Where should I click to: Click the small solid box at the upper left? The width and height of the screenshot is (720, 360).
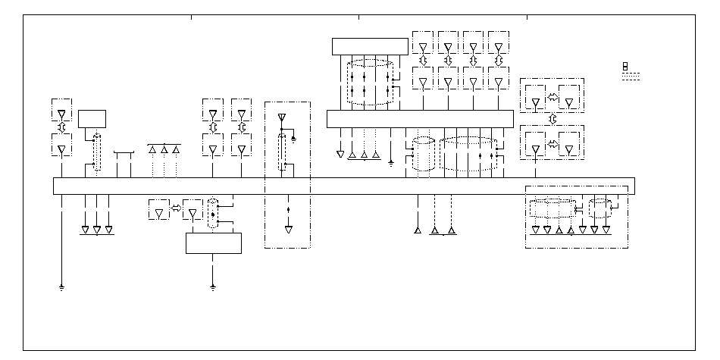[x=92, y=120]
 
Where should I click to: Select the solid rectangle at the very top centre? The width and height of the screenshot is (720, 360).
[x=370, y=46]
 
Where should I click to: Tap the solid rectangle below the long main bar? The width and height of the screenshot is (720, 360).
[x=214, y=243]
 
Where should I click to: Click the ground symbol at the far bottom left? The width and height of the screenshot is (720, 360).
[x=61, y=288]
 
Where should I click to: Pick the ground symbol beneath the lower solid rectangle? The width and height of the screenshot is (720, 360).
[x=213, y=288]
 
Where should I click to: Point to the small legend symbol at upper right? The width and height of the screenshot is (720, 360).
[x=625, y=67]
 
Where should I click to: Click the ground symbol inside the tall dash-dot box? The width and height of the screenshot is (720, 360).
[x=294, y=139]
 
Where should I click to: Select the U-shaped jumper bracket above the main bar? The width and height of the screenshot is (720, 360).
[x=124, y=155]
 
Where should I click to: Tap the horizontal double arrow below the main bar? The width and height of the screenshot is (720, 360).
[x=177, y=208]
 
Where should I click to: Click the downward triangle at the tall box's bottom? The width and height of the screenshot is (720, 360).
[x=288, y=229]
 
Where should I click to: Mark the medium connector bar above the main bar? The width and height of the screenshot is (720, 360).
[x=419, y=119]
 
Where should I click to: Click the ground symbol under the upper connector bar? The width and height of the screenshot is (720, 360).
[x=391, y=161]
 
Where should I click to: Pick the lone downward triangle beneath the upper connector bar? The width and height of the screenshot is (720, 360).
[x=340, y=155]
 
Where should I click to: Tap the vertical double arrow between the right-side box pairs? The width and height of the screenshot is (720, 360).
[x=553, y=120]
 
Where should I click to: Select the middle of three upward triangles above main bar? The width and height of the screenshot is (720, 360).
[x=164, y=150]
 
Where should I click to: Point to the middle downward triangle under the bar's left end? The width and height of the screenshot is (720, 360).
[x=97, y=229]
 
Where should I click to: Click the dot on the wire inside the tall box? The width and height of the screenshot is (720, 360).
[x=288, y=207]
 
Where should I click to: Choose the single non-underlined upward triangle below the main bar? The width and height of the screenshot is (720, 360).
[x=418, y=230]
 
